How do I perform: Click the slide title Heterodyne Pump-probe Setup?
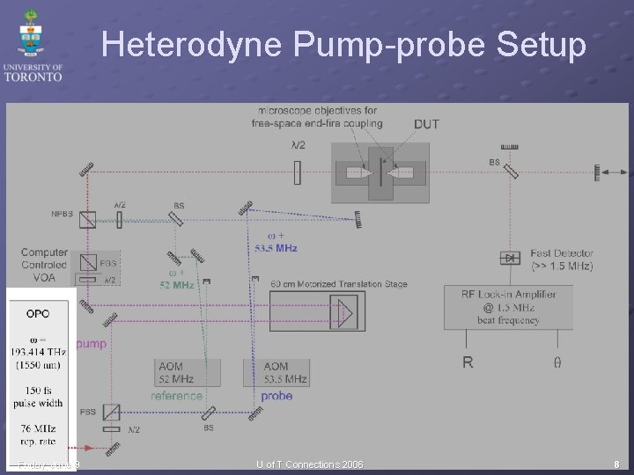(x=343, y=45)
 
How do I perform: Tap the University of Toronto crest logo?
(x=32, y=35)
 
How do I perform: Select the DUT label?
(x=426, y=124)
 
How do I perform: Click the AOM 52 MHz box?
(x=177, y=372)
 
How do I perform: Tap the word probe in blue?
(x=276, y=396)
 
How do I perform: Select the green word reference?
(x=176, y=396)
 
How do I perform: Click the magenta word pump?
(x=91, y=343)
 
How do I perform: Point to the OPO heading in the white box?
(x=38, y=313)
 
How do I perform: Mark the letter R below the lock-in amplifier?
(x=468, y=362)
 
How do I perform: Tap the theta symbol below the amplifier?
(x=557, y=362)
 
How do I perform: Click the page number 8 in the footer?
(x=616, y=464)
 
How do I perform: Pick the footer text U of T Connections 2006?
(x=309, y=464)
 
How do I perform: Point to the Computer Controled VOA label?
(x=44, y=265)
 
